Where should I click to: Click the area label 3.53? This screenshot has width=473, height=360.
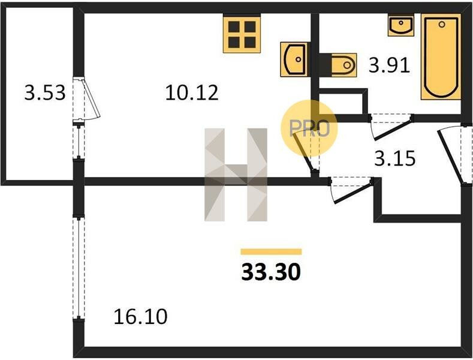[x=44, y=93]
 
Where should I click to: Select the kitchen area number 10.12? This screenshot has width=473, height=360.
[x=192, y=93]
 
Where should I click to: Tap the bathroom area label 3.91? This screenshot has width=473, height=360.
[x=389, y=65]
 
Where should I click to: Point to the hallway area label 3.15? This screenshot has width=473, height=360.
[x=395, y=158]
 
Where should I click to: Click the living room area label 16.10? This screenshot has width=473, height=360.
[x=140, y=317]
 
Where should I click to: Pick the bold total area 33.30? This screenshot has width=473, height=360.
[x=271, y=272]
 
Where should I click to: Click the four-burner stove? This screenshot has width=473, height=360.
[x=242, y=34]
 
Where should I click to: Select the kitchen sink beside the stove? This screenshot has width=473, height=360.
[x=294, y=59]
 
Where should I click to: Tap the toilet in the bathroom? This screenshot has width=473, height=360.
[x=338, y=65]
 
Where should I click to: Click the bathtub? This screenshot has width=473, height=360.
[x=441, y=57]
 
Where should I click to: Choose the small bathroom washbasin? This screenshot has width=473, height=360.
[x=401, y=25]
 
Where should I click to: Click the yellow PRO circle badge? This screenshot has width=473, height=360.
[x=309, y=128]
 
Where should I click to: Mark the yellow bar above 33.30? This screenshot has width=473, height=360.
[x=271, y=251]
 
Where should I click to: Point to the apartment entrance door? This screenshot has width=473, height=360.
[x=450, y=155]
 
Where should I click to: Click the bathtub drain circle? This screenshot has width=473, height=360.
[x=442, y=24]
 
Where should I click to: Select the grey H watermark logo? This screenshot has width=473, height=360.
[x=236, y=175]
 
